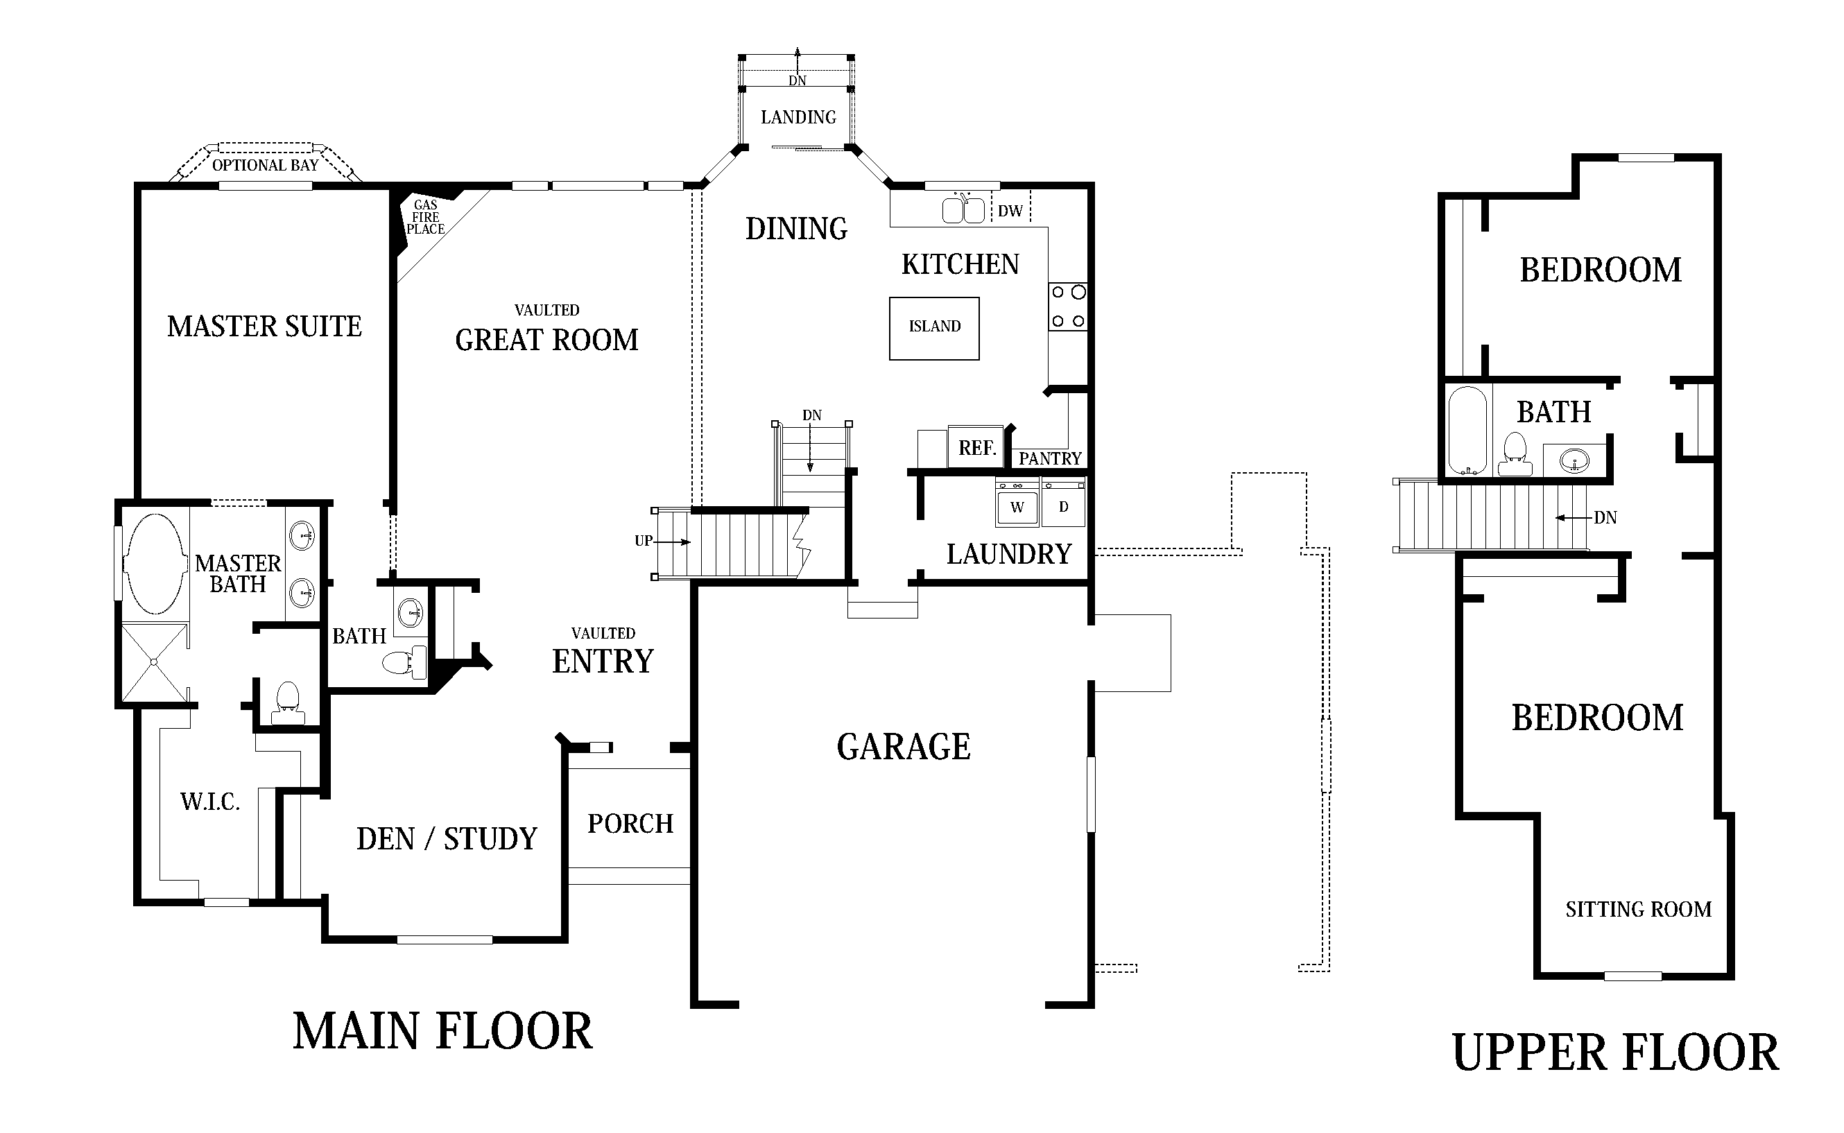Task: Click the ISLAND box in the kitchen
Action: (x=933, y=328)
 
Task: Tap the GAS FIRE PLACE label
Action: (x=425, y=217)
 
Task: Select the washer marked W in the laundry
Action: (x=1017, y=507)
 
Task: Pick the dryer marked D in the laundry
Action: (x=1062, y=507)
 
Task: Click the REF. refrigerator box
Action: (x=976, y=447)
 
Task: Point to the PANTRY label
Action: (x=1049, y=458)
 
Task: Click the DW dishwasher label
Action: (x=1009, y=211)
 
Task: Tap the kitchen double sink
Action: (x=963, y=211)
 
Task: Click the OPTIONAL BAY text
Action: (x=264, y=165)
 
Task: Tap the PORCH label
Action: (x=630, y=824)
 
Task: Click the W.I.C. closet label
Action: (x=210, y=802)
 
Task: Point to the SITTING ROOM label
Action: (x=1638, y=909)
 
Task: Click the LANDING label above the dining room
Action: (x=798, y=117)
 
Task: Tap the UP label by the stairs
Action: (x=643, y=540)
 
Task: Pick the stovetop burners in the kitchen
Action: (x=1067, y=306)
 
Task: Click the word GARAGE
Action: (x=903, y=747)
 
